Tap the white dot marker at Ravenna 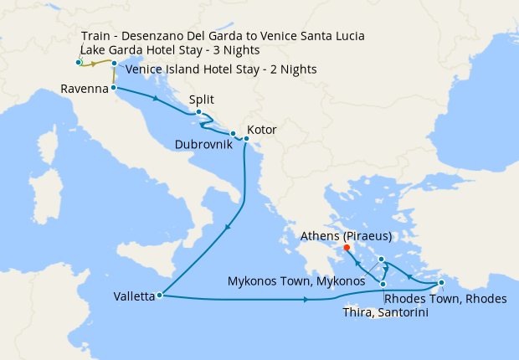click(x=113, y=87)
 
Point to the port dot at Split click(x=198, y=112)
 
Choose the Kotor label click(x=261, y=131)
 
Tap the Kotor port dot click(x=245, y=138)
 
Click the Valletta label click(x=134, y=296)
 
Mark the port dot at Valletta click(x=159, y=295)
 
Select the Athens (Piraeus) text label click(x=346, y=235)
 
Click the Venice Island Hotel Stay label click(x=221, y=69)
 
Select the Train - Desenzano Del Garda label click(x=224, y=36)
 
